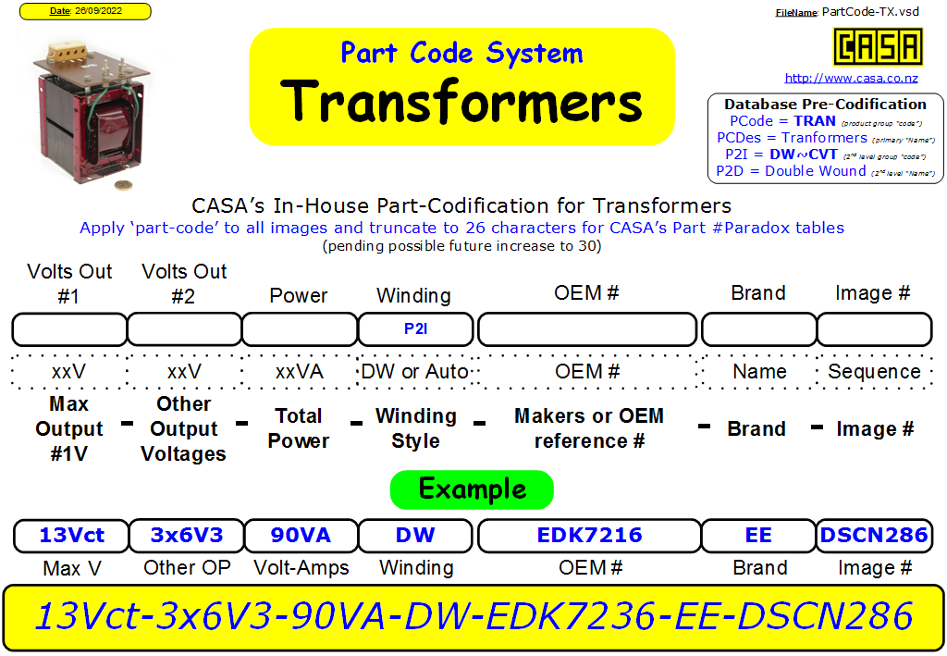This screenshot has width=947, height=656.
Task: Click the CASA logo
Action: [x=878, y=46]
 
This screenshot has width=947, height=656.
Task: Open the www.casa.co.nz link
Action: [x=851, y=78]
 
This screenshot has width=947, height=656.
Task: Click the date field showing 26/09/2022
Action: [x=85, y=11]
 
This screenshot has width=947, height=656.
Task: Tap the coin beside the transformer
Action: [x=123, y=185]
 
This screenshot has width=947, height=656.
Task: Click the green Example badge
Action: [x=472, y=489]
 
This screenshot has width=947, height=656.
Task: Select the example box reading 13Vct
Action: [x=71, y=535]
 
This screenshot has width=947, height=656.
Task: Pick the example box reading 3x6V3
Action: [x=187, y=535]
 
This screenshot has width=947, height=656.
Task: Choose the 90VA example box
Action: [x=301, y=535]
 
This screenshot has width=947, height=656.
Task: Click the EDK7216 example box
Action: [x=589, y=535]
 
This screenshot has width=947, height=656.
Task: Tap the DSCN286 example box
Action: [x=874, y=535]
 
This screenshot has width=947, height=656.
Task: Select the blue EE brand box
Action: [x=758, y=535]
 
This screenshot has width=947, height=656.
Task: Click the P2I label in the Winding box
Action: [x=415, y=328]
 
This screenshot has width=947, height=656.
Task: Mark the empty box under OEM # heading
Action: [x=587, y=329]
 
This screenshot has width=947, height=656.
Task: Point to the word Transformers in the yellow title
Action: [x=461, y=102]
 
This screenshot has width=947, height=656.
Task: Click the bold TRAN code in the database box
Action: [x=814, y=121]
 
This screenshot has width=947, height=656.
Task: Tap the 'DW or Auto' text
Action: [x=415, y=372]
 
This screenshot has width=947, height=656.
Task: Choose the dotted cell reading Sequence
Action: [x=874, y=372]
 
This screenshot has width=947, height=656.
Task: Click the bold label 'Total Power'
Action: [x=299, y=428]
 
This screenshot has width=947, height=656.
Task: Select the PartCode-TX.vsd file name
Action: [x=870, y=11]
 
